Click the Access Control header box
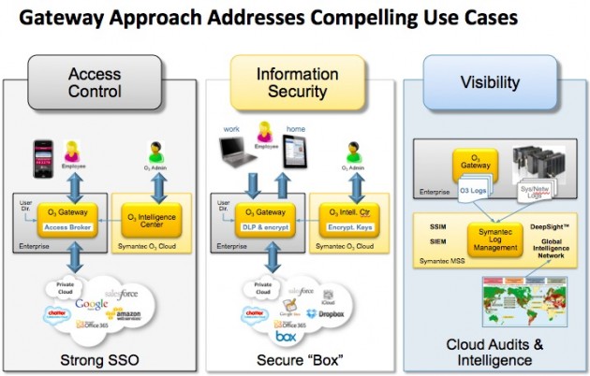click(94, 83)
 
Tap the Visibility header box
click(489, 83)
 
